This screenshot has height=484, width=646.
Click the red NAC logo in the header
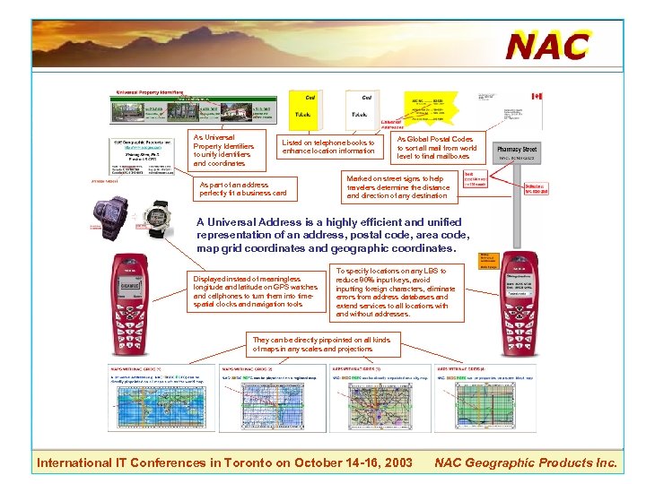coord(547,47)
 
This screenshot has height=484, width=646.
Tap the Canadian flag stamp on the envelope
coord(537,96)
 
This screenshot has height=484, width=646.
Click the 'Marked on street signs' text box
coord(399,187)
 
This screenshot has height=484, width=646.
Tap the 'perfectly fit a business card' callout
coord(243,189)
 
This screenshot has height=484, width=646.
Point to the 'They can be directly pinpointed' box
coord(320,344)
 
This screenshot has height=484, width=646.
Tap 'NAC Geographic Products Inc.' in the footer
coord(525,462)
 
